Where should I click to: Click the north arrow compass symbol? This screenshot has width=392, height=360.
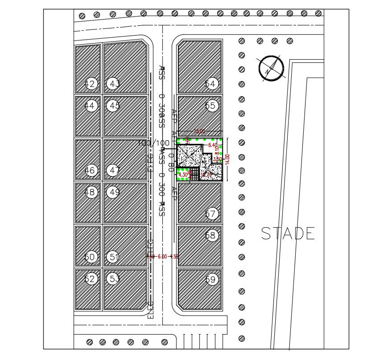point(272,68)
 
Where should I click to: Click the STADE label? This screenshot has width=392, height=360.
point(288,233)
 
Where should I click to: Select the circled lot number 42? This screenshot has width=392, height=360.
point(91,84)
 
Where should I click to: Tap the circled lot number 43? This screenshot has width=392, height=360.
point(114,84)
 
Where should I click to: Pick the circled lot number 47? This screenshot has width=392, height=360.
point(114,170)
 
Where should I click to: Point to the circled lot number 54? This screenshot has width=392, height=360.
point(210,84)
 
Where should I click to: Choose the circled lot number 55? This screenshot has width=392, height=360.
point(210,106)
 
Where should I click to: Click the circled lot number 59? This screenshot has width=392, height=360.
point(210,280)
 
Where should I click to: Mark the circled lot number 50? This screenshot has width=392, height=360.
point(91,257)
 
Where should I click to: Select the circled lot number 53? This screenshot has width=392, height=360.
point(114,279)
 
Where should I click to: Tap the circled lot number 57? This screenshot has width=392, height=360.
point(210,214)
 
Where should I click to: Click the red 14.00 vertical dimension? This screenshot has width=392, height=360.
point(227,160)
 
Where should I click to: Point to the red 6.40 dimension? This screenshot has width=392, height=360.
point(213,145)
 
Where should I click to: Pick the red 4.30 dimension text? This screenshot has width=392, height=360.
point(183,175)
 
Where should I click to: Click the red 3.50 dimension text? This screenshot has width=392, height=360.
point(217,159)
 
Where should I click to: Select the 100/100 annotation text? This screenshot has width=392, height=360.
point(154,143)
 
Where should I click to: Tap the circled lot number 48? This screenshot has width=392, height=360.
point(91,192)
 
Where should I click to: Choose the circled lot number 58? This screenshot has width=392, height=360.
point(210,235)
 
